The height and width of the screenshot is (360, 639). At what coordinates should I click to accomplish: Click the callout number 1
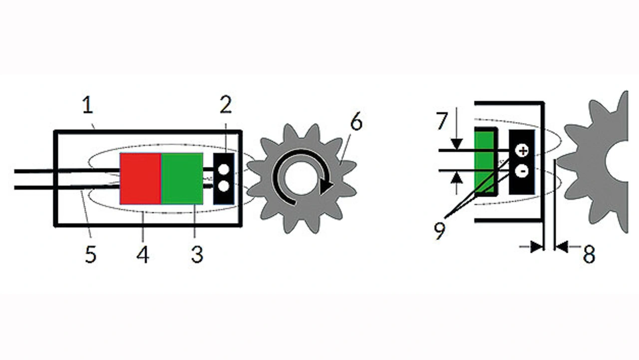(87, 105)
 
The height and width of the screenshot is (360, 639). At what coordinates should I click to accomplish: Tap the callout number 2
(226, 105)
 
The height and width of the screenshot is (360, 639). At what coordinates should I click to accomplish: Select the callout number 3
(197, 254)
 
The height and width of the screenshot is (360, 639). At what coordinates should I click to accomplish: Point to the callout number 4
(143, 254)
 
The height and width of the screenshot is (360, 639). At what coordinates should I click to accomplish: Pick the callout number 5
(91, 254)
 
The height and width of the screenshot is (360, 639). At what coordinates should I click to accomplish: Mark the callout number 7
(441, 121)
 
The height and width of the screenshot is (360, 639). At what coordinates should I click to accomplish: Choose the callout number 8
(589, 254)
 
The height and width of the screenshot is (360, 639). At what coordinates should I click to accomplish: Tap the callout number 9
(440, 231)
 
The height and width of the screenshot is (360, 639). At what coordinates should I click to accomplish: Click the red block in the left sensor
(141, 179)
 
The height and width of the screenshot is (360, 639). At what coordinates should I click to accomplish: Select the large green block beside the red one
(182, 179)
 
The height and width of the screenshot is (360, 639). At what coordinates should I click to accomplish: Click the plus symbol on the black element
(523, 151)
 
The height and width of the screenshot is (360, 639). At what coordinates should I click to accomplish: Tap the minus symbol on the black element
(523, 171)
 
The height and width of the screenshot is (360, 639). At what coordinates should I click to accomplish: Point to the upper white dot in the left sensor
(224, 169)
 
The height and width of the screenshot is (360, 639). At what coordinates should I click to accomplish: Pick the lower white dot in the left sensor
(224, 187)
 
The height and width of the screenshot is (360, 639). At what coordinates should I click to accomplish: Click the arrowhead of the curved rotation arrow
(326, 186)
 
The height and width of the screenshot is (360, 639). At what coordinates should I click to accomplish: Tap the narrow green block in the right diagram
(484, 162)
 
